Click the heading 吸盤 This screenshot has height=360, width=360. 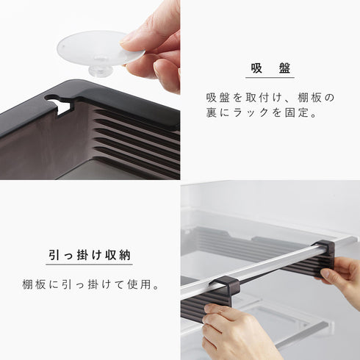click(x=270, y=68)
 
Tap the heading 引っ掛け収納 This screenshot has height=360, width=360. click(x=89, y=255)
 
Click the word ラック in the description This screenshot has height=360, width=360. click(x=251, y=112)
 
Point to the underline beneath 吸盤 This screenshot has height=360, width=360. click(x=270, y=78)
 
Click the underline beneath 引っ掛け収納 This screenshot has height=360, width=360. click(x=89, y=264)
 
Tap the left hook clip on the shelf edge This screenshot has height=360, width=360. click(x=224, y=285)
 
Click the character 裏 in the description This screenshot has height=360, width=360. click(x=211, y=112)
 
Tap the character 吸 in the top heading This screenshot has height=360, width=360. click(x=256, y=68)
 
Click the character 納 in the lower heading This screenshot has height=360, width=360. click(x=125, y=255)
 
